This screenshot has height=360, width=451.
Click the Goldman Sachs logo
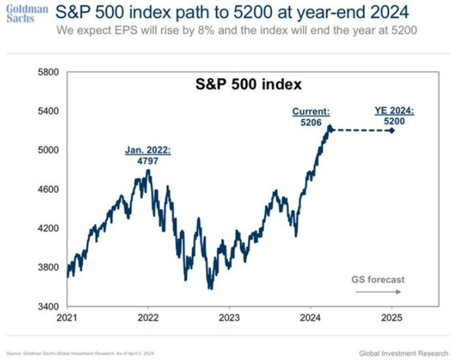[x=27, y=13]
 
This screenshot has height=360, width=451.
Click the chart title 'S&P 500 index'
[x=248, y=85]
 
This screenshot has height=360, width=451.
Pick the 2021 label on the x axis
[x=68, y=318]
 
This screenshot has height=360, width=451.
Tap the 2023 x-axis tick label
[x=229, y=318]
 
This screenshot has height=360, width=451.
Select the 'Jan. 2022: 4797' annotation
[x=148, y=156]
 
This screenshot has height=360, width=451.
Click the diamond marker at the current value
[x=330, y=129]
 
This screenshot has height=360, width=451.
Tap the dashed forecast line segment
[x=361, y=130]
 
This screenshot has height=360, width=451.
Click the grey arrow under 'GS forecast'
[x=378, y=292]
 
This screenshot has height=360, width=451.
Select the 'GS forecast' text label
[x=378, y=280]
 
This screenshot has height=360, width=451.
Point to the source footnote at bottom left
[x=81, y=354]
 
